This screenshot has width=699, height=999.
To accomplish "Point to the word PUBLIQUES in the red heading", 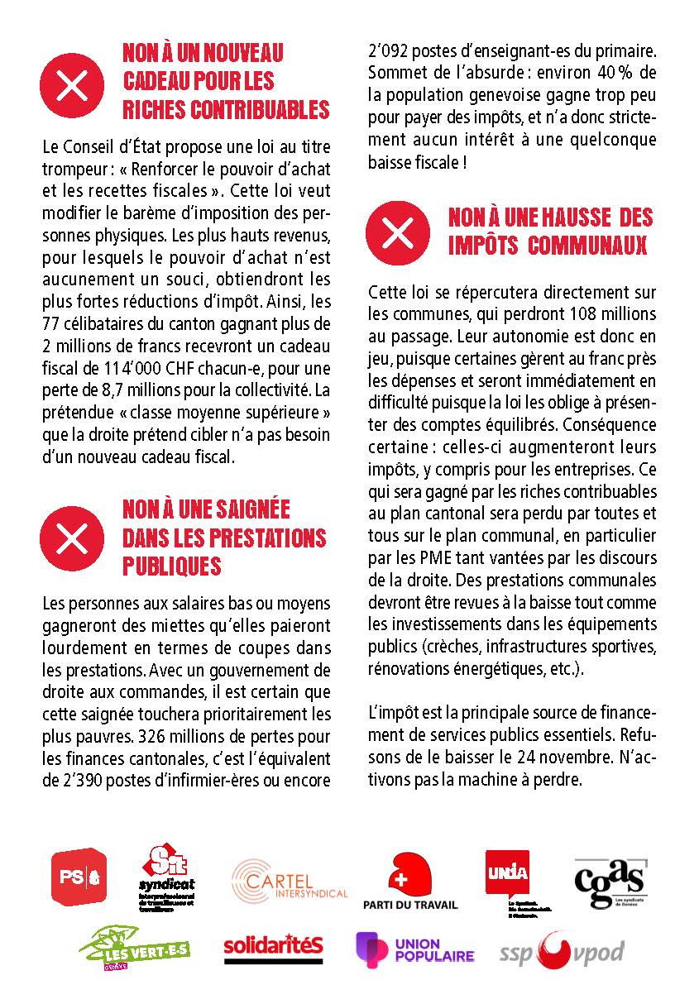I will click(172, 566).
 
